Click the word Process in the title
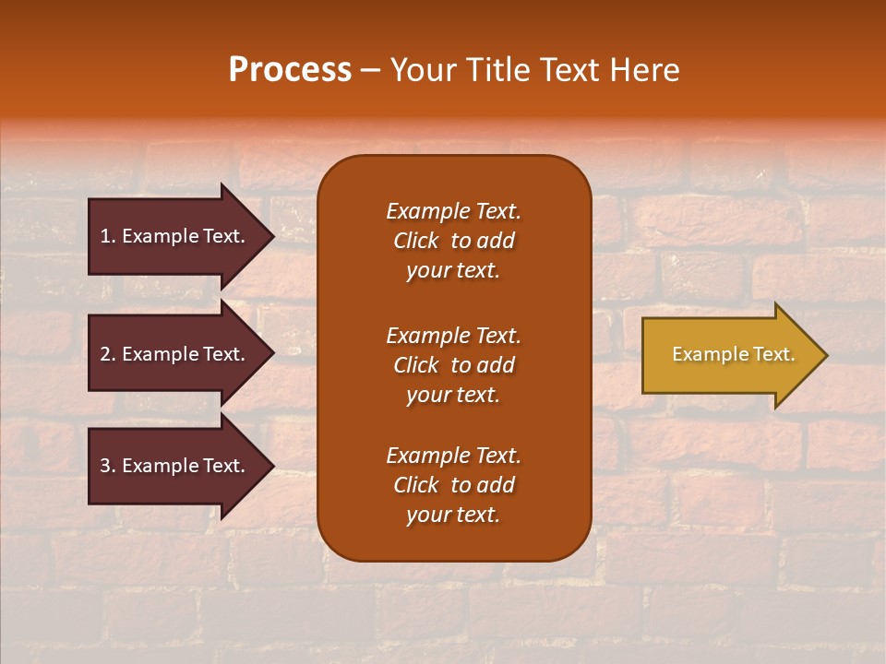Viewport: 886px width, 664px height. [x=290, y=70]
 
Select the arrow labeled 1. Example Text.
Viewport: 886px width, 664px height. [x=173, y=236]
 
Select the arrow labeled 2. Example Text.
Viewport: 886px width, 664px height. [x=173, y=354]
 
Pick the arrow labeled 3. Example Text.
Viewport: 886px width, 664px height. [x=173, y=466]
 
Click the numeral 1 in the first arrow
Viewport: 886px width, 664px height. [x=105, y=236]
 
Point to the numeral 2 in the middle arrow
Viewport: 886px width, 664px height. [x=105, y=354]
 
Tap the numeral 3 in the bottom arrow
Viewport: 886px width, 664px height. [x=105, y=466]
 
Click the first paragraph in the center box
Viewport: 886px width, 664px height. [x=453, y=241]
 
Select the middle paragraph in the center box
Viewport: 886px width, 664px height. [x=453, y=365]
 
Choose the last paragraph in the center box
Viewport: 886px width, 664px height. [x=453, y=485]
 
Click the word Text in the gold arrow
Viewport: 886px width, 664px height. [x=774, y=354]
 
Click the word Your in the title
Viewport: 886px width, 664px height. [x=422, y=70]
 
